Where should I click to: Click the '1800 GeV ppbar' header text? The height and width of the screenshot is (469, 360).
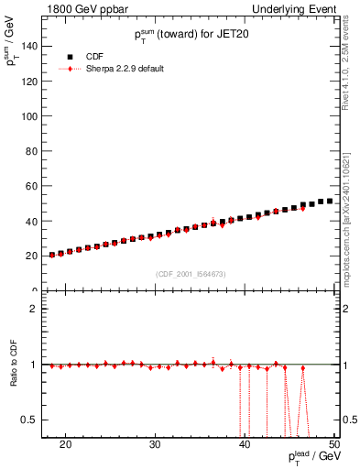pos(82,8)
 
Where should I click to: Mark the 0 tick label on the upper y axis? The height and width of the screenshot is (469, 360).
pos(34,290)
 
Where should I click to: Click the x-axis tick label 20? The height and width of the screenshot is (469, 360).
pos(65,444)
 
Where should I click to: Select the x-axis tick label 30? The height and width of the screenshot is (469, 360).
pos(155,444)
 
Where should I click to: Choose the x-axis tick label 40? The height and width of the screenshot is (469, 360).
pos(245,444)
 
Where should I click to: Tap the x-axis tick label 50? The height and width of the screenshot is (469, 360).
pos(333,444)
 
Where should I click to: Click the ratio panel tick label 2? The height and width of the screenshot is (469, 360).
pos(33,309)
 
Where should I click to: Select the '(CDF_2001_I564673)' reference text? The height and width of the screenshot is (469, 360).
pos(191,274)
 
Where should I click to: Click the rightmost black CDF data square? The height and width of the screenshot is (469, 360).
pos(330,201)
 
